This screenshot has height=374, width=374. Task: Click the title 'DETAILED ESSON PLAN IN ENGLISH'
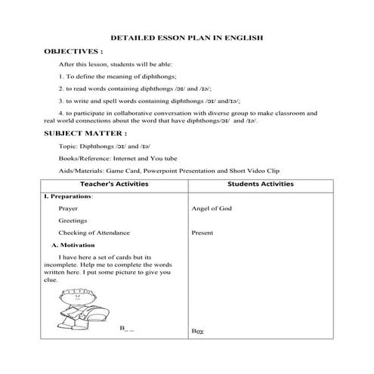[187, 36]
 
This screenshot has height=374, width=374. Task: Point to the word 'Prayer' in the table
[68, 207]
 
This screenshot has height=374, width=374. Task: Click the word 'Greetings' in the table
[73, 220]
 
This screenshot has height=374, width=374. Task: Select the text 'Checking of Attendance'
[94, 233]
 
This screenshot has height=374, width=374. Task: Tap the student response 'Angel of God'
[213, 207]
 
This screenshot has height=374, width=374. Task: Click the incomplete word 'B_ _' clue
[127, 329]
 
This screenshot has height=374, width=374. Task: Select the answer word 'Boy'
[198, 332]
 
